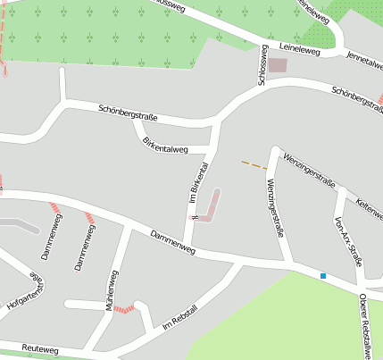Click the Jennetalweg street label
pos(364,58)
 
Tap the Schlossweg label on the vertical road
pos(262,65)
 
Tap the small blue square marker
pos(323,276)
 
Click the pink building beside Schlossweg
pos(279,65)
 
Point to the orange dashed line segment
pos(254,164)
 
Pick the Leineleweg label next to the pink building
pos(299,52)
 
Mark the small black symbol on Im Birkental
pos(193,216)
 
